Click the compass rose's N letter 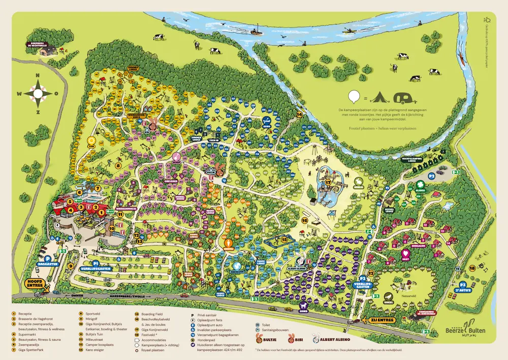pyautogui.click(x=37, y=76)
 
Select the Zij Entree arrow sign pyautogui.click(x=376, y=320)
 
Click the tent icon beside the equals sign pyautogui.click(x=377, y=96)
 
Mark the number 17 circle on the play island pyautogui.click(x=328, y=182)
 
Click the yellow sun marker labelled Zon pyautogui.click(x=91, y=141)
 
